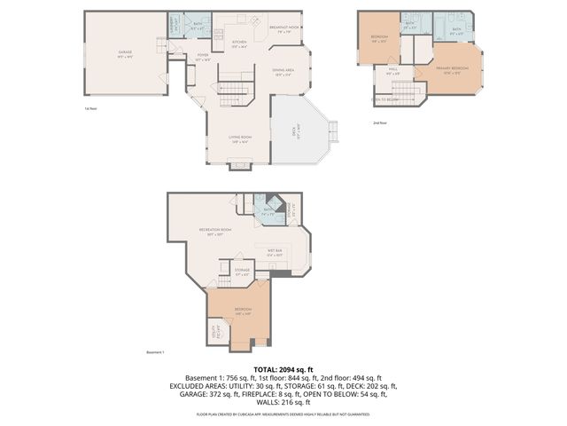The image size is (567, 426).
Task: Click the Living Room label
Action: click(x=239, y=138)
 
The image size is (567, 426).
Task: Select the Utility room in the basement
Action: click(x=215, y=333)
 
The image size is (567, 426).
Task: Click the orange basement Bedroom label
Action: click(x=243, y=311)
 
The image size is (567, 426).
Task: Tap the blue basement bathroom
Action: click(x=266, y=213)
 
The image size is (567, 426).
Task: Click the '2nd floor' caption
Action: click(x=380, y=123)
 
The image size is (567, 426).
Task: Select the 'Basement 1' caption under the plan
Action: click(x=156, y=351)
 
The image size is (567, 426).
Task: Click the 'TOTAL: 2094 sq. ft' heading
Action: click(x=283, y=368)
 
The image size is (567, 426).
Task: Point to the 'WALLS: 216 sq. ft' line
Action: click(x=283, y=403)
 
